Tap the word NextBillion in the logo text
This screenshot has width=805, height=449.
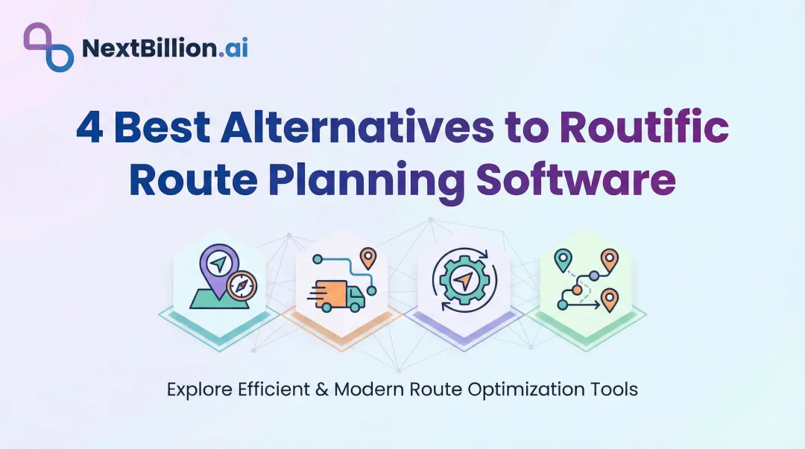139,49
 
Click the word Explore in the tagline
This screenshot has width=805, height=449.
195,389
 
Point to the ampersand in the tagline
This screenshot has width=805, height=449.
321,389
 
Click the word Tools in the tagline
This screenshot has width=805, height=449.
616,389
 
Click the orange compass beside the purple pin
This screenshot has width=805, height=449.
241,285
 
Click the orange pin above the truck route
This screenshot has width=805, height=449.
367,257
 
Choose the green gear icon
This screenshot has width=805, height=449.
464,280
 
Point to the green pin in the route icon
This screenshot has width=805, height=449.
563,260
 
